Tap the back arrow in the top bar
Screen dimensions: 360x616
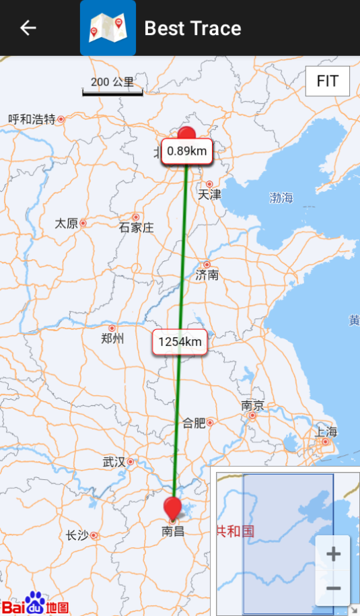[x=28, y=28]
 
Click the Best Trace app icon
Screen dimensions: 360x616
[x=108, y=28]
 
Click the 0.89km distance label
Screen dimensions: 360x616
[x=187, y=151]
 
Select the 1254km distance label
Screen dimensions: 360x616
[x=180, y=342]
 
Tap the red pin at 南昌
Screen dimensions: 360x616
[x=174, y=508]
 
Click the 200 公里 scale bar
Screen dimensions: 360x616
[x=112, y=85]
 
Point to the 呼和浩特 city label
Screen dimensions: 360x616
[x=32, y=119]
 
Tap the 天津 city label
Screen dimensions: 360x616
[x=209, y=195]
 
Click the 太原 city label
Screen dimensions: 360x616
[x=66, y=223]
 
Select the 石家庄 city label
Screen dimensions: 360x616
[x=136, y=228]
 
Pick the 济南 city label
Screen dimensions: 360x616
[x=207, y=275]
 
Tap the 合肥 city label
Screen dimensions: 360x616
[x=194, y=423]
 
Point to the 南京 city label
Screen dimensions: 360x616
[x=253, y=406]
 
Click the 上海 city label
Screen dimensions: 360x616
[x=326, y=432]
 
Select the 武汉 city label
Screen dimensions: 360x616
[x=114, y=462]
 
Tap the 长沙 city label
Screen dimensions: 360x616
[x=77, y=536]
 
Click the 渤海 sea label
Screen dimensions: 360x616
[x=281, y=198]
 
